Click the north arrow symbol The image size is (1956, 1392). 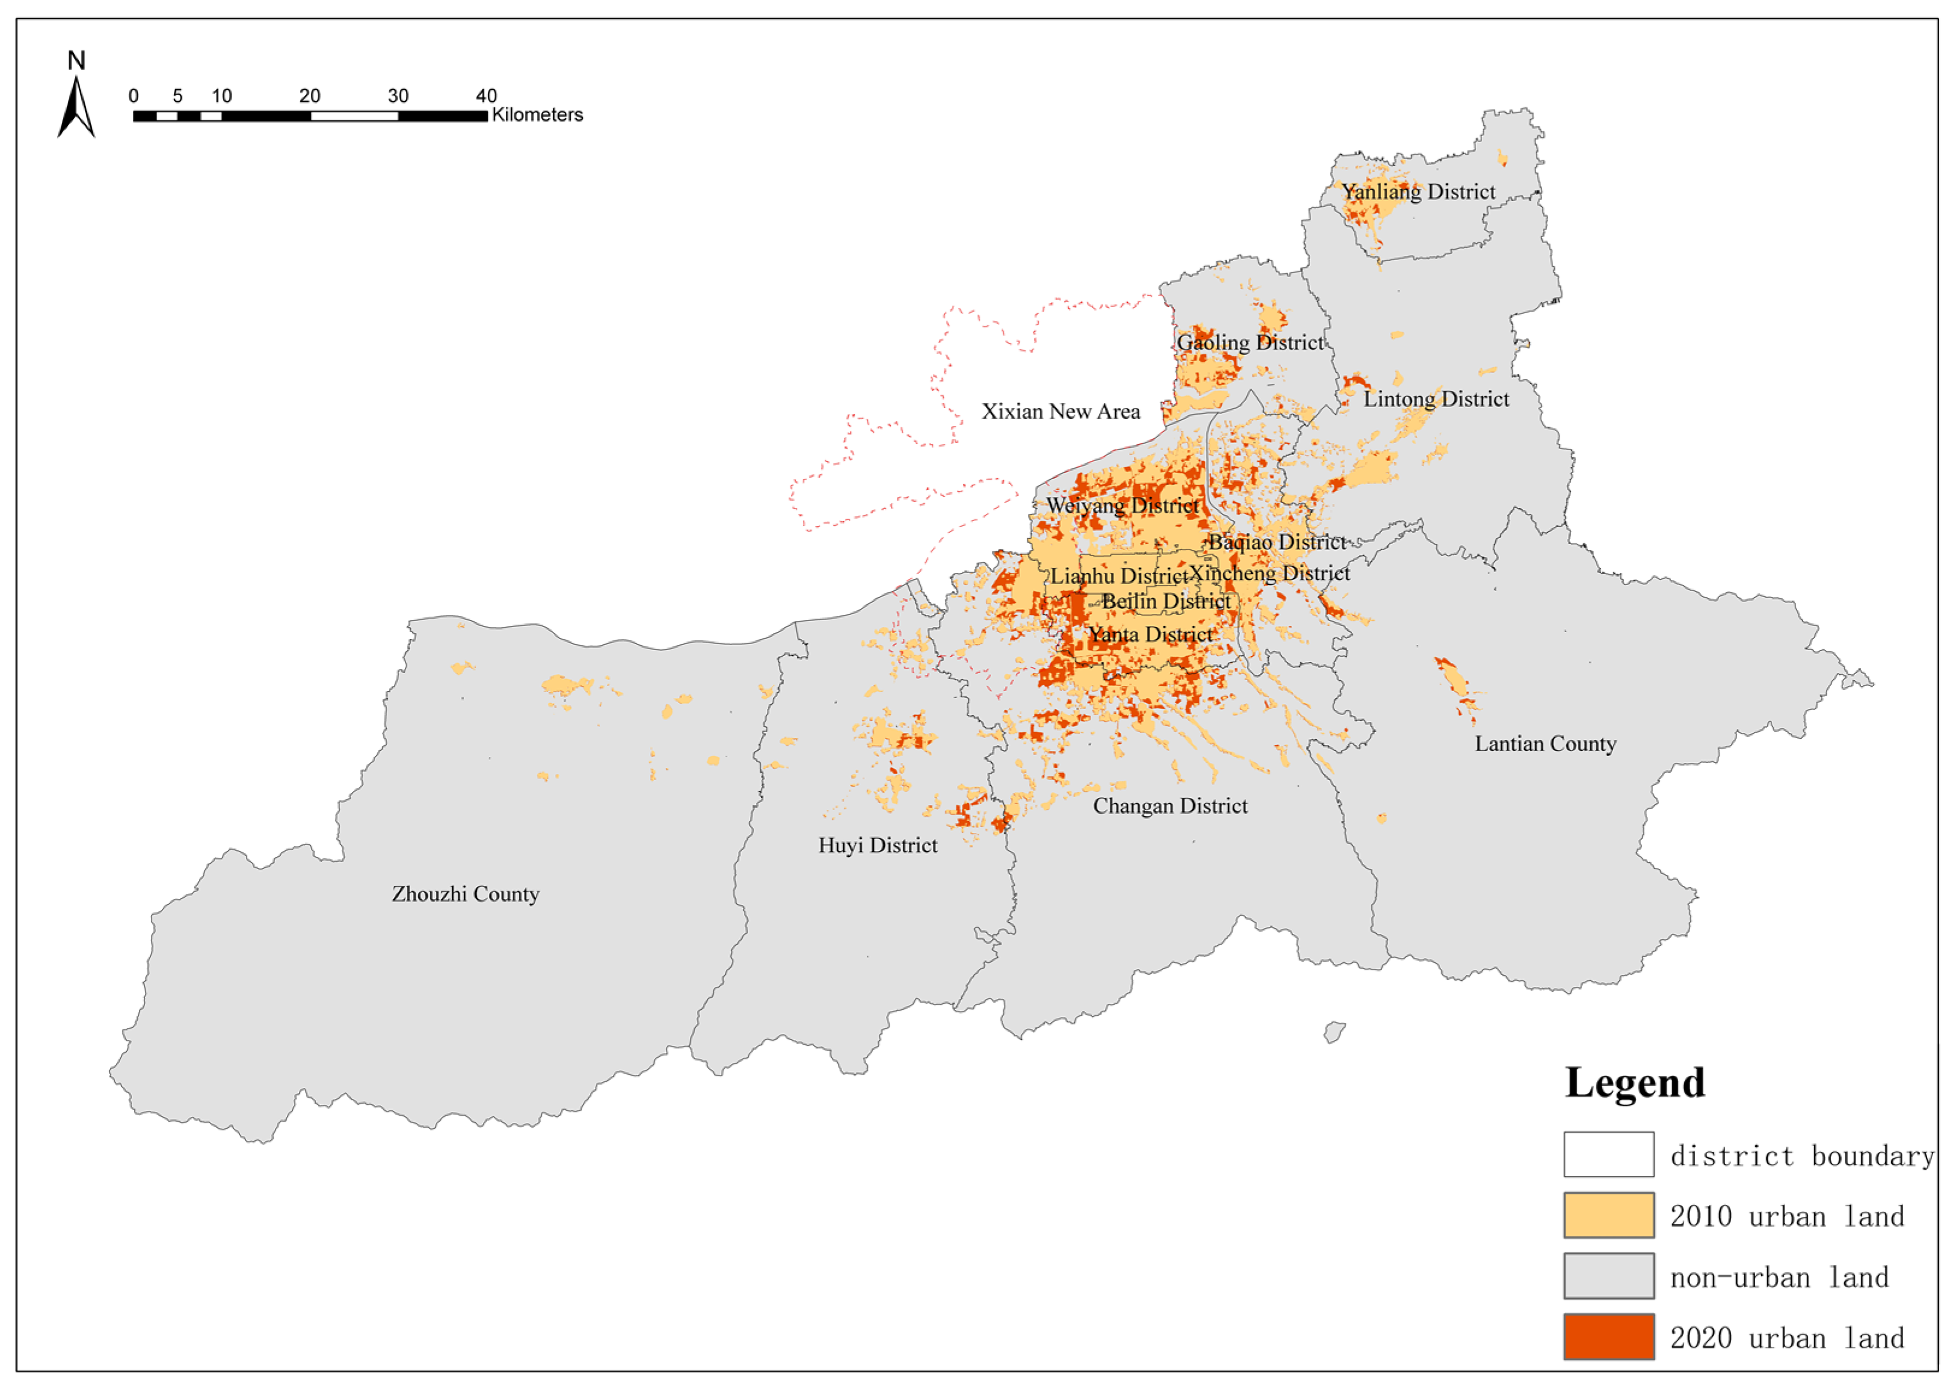click(76, 107)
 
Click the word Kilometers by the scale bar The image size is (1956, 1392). click(537, 115)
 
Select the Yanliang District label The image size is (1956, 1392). click(1418, 192)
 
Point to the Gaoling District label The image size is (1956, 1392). click(1250, 343)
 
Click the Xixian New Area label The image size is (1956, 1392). click(1060, 412)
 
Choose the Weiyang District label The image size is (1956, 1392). click(1122, 506)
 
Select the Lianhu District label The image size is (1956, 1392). click(1119, 576)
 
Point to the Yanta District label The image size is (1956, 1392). click(1151, 635)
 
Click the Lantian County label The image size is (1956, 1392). click(1545, 744)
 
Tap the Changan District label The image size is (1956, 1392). click(1169, 806)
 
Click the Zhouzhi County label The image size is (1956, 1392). click(465, 895)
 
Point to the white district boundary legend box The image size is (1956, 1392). click(1608, 1154)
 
